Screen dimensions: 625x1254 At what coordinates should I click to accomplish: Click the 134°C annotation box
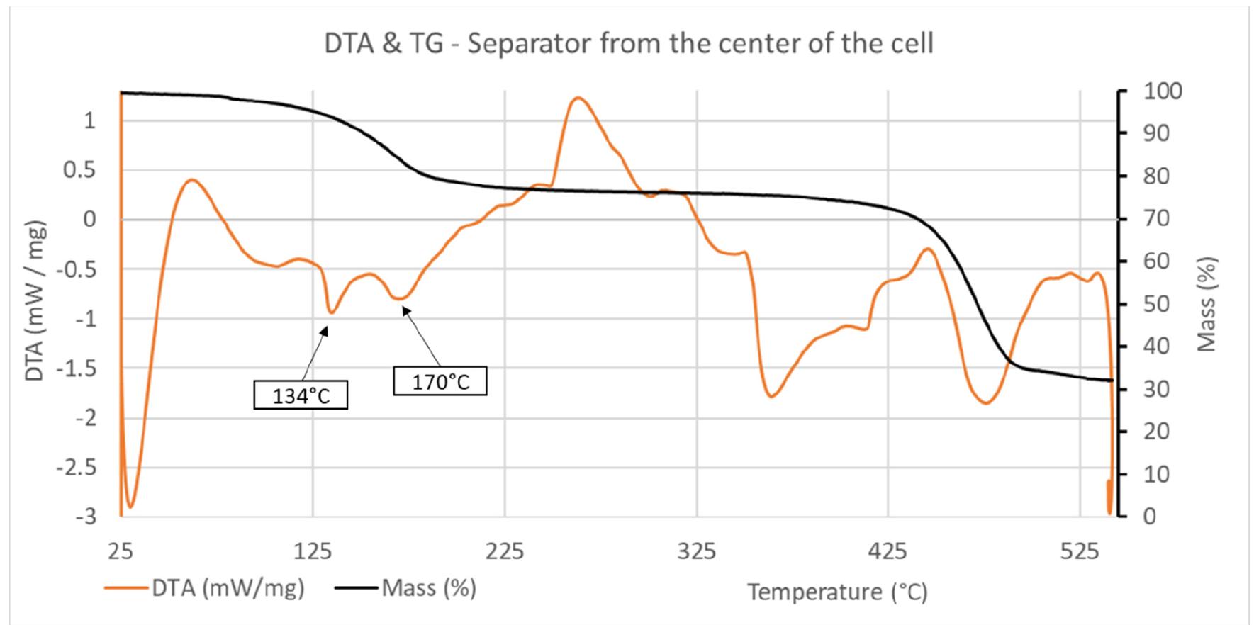tap(301, 395)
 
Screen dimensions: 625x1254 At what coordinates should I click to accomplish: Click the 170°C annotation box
tap(440, 381)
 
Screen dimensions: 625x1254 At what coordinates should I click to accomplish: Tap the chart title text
tap(628, 44)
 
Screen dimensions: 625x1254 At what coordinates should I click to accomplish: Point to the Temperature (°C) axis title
tap(837, 591)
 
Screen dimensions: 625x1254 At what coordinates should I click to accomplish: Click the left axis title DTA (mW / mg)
tap(35, 301)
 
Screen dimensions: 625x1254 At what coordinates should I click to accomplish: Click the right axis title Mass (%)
tap(1207, 304)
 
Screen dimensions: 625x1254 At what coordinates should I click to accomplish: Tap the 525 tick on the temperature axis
tap(1079, 551)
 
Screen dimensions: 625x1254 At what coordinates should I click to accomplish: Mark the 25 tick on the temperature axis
tap(121, 551)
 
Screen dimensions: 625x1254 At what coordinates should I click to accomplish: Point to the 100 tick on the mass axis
tap(1162, 91)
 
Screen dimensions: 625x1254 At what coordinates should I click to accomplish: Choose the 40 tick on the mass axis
tap(1156, 347)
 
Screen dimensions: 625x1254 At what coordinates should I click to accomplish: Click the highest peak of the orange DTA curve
tap(578, 98)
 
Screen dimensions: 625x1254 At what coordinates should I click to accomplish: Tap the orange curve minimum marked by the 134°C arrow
tap(331, 312)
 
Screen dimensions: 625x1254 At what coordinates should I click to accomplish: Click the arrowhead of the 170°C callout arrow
tap(404, 308)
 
